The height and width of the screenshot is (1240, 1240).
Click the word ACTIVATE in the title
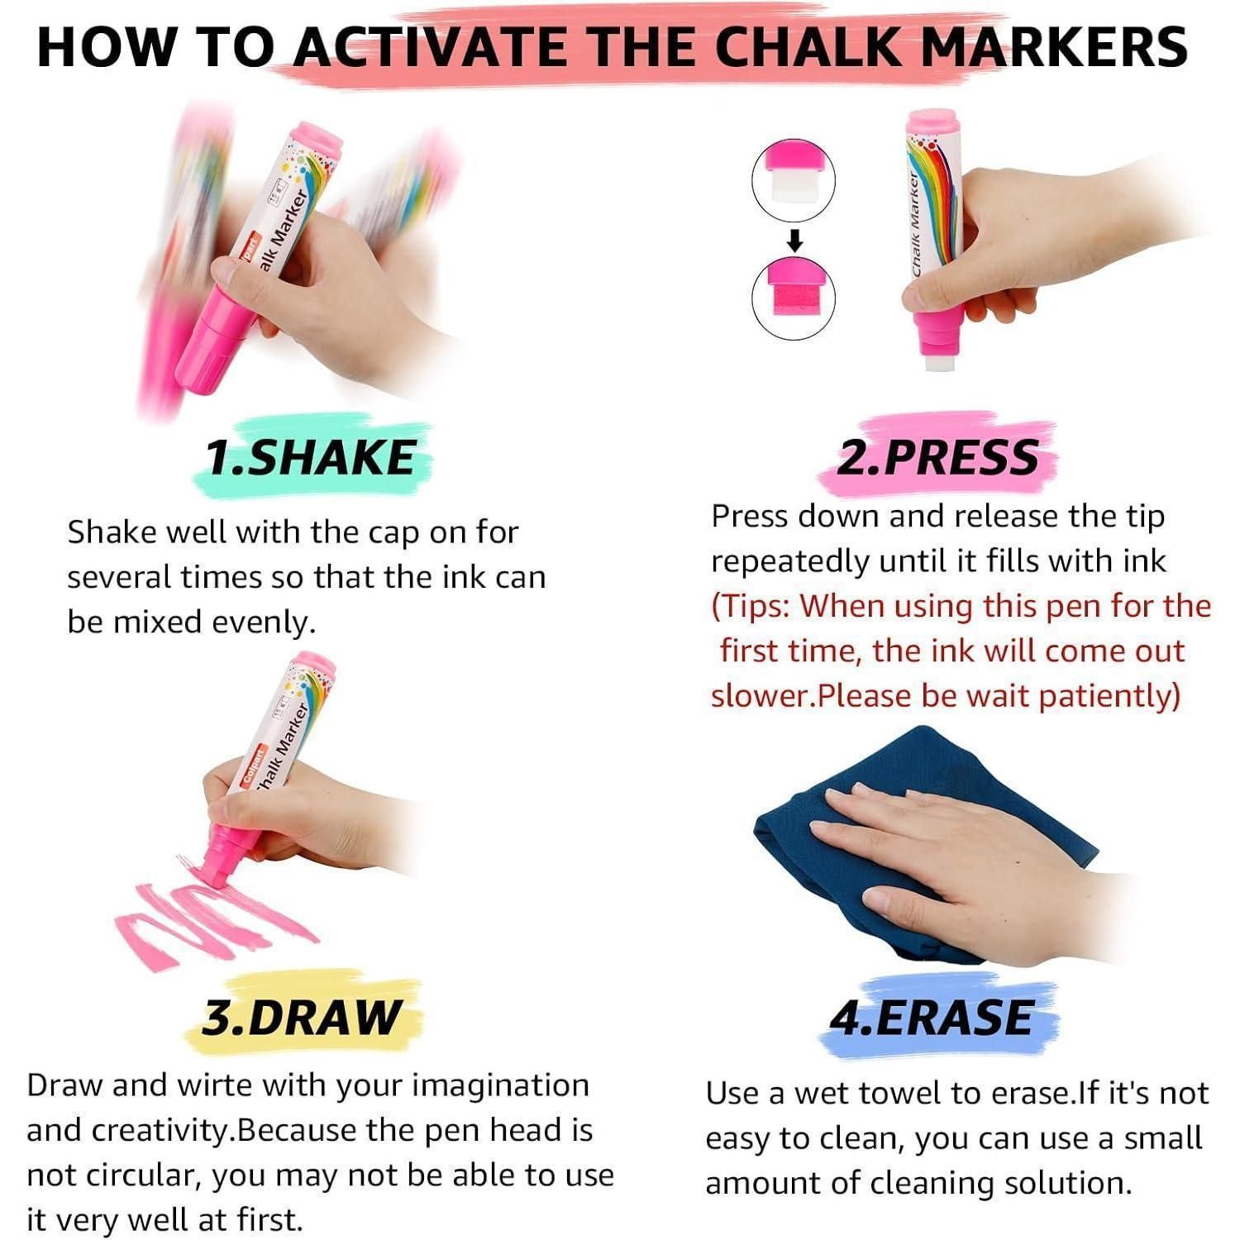coord(430,46)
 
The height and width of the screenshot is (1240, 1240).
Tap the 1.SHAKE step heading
coord(310,457)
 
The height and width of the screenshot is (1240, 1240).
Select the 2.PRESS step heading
coord(937,457)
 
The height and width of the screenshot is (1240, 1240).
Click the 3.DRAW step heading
coord(302,1017)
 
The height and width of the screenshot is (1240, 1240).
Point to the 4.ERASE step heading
coord(932,1017)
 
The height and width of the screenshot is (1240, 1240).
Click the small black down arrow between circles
coord(794,240)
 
